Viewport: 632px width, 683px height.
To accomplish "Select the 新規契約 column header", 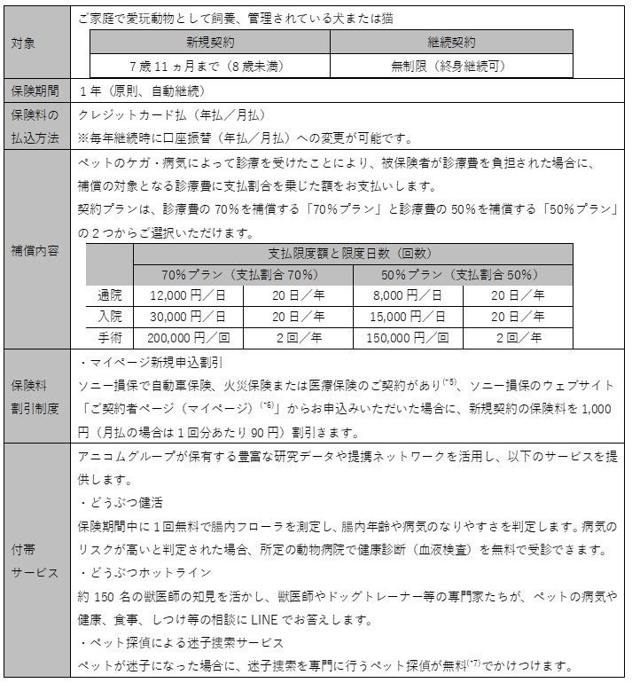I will point(208,42).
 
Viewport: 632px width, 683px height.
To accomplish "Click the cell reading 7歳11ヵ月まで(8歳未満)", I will point(208,65).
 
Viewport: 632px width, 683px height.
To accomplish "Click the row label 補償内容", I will point(35,250).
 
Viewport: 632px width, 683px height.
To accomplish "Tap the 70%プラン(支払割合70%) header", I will point(242,274).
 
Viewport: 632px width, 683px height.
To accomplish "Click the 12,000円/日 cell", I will point(188,294).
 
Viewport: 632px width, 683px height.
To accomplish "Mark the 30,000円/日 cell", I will point(188,316).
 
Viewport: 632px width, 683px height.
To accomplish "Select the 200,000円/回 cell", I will point(188,337).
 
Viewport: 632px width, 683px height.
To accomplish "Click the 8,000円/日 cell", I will point(408,294).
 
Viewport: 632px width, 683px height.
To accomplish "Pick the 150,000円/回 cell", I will point(408,337).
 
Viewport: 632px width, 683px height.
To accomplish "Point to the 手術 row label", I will point(111,337).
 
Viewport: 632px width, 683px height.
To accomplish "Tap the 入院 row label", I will point(111,316).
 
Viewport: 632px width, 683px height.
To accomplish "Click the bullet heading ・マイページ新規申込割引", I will point(150,363).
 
